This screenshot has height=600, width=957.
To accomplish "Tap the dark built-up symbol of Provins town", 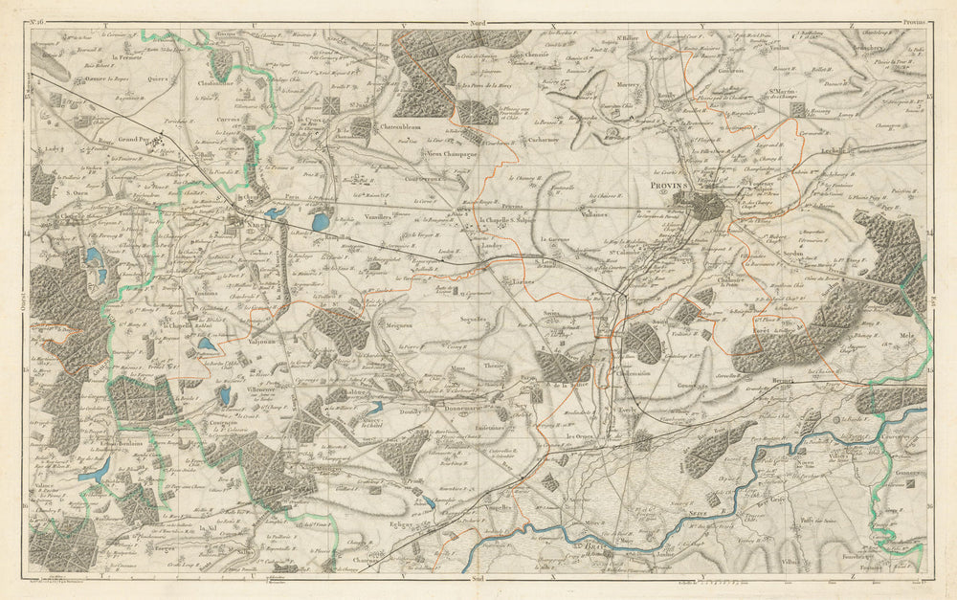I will pyautogui.click(x=710, y=206).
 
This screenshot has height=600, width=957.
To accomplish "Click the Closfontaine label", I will pyautogui.click(x=217, y=83).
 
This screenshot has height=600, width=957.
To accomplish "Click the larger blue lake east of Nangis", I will pyautogui.click(x=318, y=222).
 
